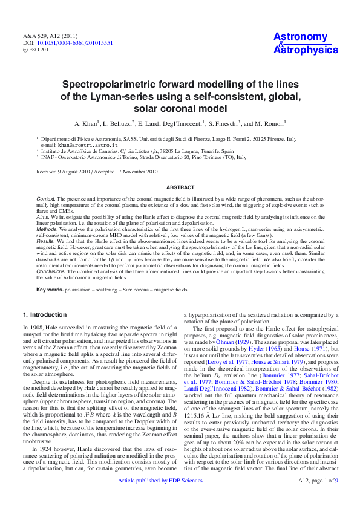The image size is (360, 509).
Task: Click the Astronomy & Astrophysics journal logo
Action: tap(306, 44)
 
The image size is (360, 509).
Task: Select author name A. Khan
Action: tap(87, 123)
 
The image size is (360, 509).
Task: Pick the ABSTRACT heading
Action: tap(180, 188)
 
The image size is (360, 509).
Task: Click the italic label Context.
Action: tap(46, 198)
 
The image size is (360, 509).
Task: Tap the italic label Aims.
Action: tap(43, 216)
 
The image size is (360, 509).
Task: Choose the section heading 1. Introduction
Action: tap(45, 315)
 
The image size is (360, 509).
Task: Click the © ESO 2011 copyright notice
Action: tap(38, 51)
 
